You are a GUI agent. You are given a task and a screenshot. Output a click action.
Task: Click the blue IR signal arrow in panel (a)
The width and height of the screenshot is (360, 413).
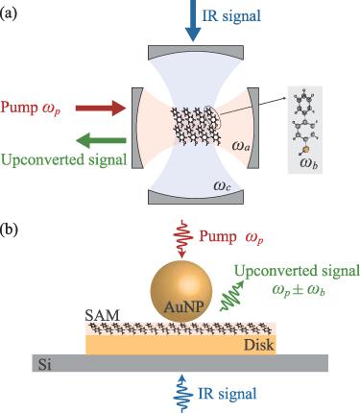pos(193,20)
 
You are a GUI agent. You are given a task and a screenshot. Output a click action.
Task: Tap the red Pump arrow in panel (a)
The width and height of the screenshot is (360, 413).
pos(101,109)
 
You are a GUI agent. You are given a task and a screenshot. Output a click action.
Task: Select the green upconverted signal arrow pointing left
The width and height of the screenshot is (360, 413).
pos(101,141)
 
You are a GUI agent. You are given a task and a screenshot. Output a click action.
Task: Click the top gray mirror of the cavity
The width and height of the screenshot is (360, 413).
pos(196,51)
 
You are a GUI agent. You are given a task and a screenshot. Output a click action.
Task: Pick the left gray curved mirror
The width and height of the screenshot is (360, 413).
pos(137,128)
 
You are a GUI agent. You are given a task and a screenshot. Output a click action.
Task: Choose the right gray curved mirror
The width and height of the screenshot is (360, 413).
pos(252,128)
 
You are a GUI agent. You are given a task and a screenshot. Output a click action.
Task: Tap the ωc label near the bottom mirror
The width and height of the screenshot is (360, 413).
pos(222,185)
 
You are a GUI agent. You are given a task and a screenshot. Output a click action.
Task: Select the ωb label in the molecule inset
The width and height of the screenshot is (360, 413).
pos(309,163)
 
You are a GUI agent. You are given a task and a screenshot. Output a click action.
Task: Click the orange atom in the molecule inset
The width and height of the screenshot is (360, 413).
pos(306,149)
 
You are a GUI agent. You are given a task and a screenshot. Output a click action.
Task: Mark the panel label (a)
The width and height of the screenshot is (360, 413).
pos(9,14)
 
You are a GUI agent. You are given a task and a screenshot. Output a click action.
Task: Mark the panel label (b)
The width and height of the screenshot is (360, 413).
pos(9,231)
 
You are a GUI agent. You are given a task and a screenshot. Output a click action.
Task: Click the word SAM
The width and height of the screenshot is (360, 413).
pos(102,316)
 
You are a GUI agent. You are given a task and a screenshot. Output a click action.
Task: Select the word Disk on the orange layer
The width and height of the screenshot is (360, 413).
pos(259,345)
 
